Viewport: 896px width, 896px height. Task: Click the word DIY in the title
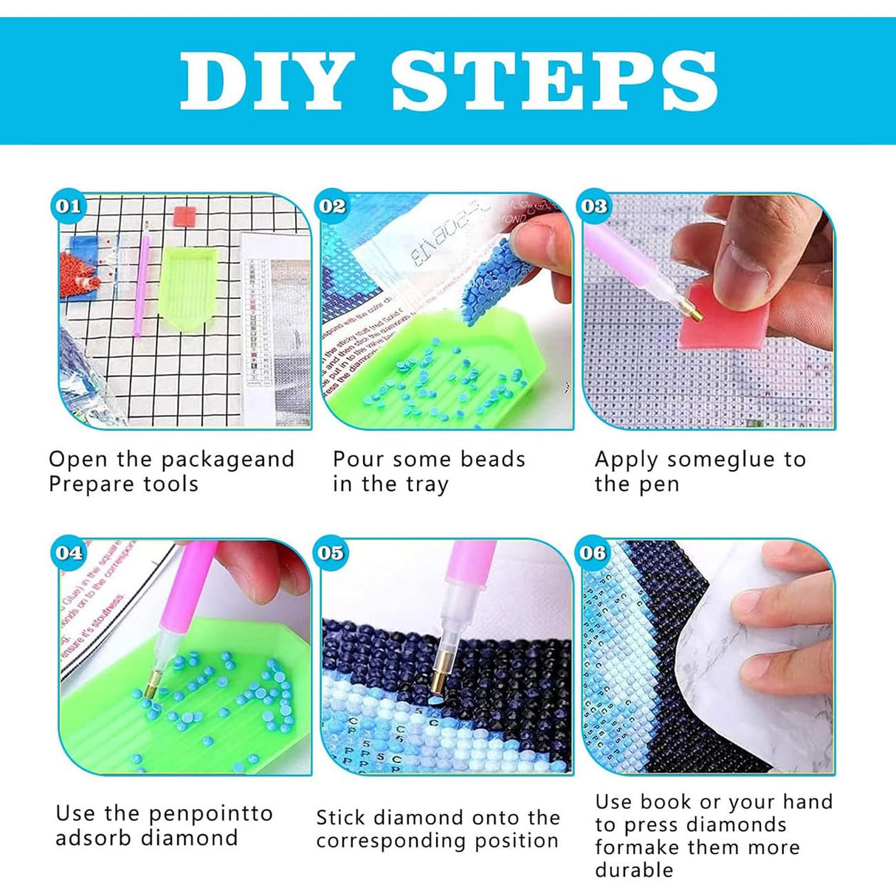pyautogui.click(x=265, y=80)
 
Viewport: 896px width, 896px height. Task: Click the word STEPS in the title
pyautogui.click(x=554, y=80)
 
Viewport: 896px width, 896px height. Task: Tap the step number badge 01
pyautogui.click(x=68, y=206)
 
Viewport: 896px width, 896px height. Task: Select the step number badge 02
pyautogui.click(x=332, y=206)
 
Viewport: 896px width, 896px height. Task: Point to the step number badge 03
pyautogui.click(x=594, y=206)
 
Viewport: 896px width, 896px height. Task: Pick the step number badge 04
pyautogui.click(x=69, y=552)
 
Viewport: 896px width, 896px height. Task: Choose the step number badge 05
pyautogui.click(x=331, y=552)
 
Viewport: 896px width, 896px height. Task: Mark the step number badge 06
pyautogui.click(x=593, y=552)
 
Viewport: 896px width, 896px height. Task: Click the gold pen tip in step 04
pyautogui.click(x=151, y=686)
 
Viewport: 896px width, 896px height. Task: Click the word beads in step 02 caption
pyautogui.click(x=492, y=459)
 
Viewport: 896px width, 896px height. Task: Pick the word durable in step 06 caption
pyautogui.click(x=634, y=869)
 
